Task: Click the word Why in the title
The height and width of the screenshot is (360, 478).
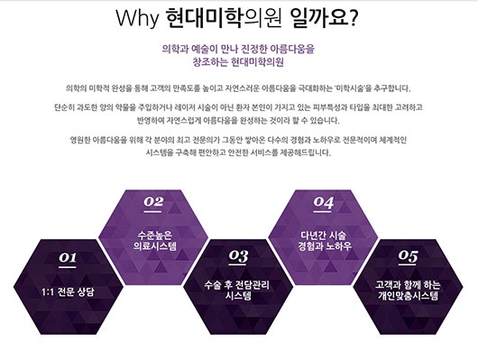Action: click(137, 19)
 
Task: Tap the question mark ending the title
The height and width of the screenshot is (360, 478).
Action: click(354, 19)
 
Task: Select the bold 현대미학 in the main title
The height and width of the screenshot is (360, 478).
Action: click(204, 18)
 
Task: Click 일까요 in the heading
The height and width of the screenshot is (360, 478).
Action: click(319, 18)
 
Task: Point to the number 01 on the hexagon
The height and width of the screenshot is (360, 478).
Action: click(68, 257)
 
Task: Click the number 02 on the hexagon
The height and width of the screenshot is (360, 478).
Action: click(153, 201)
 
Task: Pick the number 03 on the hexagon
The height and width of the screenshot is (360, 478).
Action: click(238, 255)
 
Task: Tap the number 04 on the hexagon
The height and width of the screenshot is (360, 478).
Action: click(324, 202)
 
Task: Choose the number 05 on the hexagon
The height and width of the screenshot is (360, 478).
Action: click(408, 255)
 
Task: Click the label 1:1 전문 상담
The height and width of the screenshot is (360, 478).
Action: click(68, 291)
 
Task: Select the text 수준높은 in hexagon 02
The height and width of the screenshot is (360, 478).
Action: click(154, 235)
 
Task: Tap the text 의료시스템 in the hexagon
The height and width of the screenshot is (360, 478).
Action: click(154, 246)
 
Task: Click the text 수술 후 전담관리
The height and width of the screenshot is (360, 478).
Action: click(237, 284)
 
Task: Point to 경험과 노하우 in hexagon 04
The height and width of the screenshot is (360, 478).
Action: click(325, 246)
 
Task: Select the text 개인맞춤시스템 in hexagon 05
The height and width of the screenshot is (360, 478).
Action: click(408, 296)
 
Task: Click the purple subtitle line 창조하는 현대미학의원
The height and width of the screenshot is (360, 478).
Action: click(238, 61)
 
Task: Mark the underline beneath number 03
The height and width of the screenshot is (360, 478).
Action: click(237, 264)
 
